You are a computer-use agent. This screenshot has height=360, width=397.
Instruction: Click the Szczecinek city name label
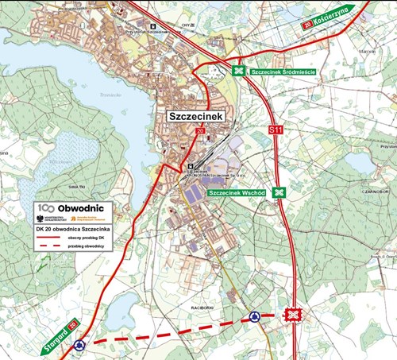point(195,116)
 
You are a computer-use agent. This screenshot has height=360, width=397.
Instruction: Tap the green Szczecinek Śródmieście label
point(283,72)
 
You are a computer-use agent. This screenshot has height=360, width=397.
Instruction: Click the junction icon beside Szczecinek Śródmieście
point(237,72)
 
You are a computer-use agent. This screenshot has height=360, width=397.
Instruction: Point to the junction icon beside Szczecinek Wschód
point(279,192)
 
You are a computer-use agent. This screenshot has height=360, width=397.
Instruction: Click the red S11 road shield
point(276,130)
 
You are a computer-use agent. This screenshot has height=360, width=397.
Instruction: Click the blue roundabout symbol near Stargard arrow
point(79,345)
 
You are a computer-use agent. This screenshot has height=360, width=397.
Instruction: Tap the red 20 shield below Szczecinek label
point(200,130)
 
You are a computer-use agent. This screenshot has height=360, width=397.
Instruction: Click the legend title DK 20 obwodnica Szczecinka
point(73,228)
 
